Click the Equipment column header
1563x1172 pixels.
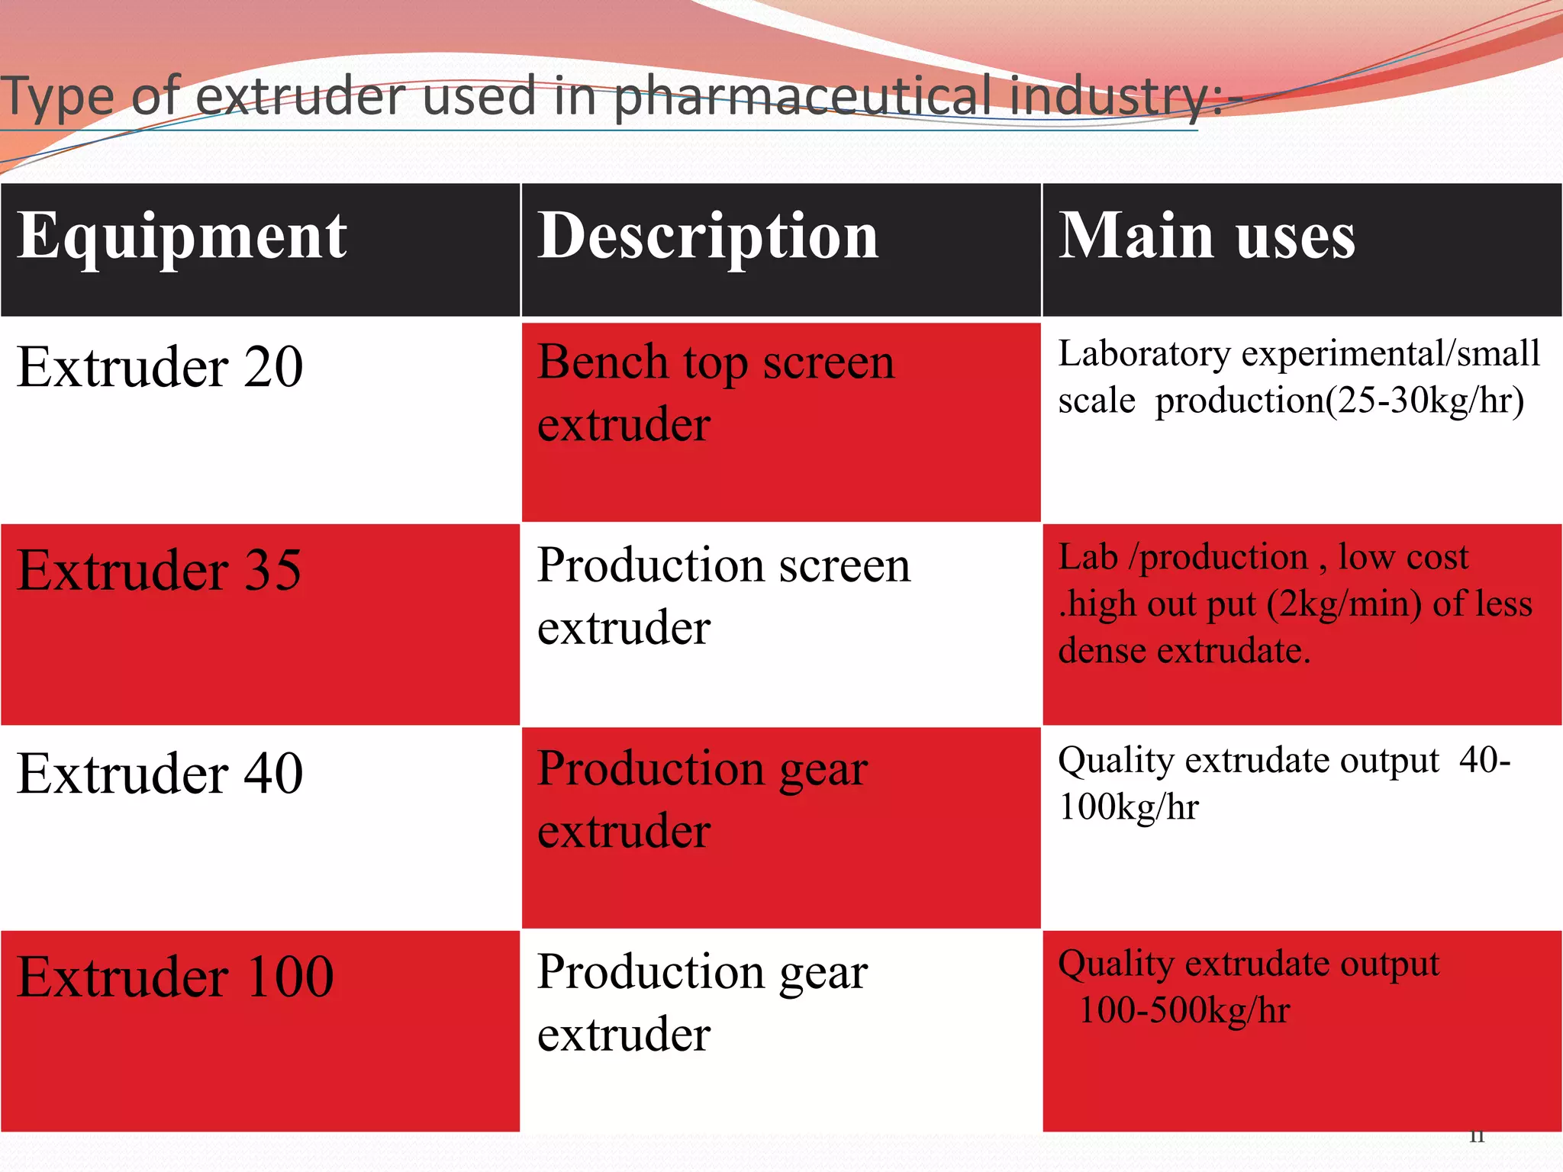click(182, 237)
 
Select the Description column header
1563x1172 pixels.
click(707, 237)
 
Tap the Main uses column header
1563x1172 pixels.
click(1207, 237)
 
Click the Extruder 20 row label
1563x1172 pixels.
click(160, 367)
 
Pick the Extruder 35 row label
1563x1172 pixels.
click(160, 570)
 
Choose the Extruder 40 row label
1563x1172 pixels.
click(160, 774)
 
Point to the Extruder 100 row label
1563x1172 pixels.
click(176, 977)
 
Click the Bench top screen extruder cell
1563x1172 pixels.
click(715, 392)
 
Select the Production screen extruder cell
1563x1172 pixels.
click(723, 596)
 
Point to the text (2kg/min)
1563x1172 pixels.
click(1344, 604)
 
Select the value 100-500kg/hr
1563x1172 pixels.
click(1184, 1010)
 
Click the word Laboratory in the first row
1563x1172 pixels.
click(1144, 354)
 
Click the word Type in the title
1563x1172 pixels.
click(57, 98)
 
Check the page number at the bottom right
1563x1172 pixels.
click(1477, 1137)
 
